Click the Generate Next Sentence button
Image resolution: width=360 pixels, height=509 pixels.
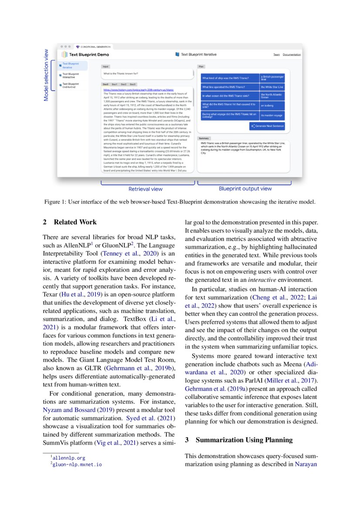[267, 126]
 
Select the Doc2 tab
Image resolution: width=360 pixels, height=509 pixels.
[124, 84]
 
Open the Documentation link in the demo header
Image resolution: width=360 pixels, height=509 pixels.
[292, 54]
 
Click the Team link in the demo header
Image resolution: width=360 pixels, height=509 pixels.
[276, 54]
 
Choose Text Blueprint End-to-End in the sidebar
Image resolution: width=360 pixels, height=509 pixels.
[70, 85]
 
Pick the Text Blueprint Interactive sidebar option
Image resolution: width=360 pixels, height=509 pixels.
[70, 75]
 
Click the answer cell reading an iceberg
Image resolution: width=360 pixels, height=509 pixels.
[272, 105]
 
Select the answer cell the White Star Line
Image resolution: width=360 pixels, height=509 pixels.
[272, 87]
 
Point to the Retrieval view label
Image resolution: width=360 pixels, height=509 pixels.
[145, 189]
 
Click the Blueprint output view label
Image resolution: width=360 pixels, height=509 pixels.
[245, 189]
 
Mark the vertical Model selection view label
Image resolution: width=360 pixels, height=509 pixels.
[47, 74]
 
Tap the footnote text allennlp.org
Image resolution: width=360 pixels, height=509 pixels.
[68, 458]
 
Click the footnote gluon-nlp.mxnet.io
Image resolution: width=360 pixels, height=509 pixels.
[77, 465]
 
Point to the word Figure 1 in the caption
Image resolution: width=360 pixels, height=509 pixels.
[54, 202]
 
